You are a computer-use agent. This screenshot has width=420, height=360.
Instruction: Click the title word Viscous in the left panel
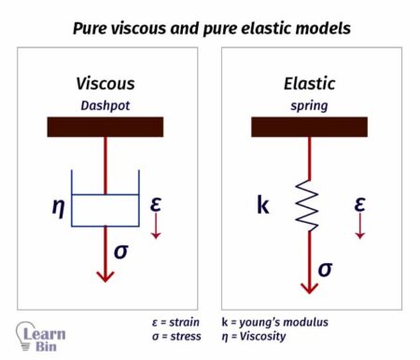point(105,84)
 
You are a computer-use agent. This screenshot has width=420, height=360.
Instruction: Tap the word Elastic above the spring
point(309,84)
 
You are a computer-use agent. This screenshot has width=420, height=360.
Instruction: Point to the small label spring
point(309,104)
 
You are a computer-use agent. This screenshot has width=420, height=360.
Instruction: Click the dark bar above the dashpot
point(105,127)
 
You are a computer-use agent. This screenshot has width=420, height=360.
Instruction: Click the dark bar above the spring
point(309,127)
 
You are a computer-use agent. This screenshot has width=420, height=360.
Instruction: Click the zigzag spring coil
point(309,203)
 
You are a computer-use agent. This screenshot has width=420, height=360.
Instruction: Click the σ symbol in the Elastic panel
point(325,269)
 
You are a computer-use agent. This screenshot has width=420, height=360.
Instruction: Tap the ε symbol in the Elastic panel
point(359,202)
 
